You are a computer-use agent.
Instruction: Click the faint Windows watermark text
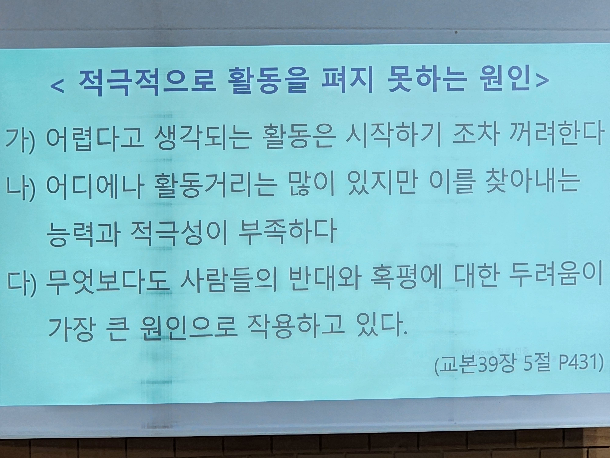point(495,352)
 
